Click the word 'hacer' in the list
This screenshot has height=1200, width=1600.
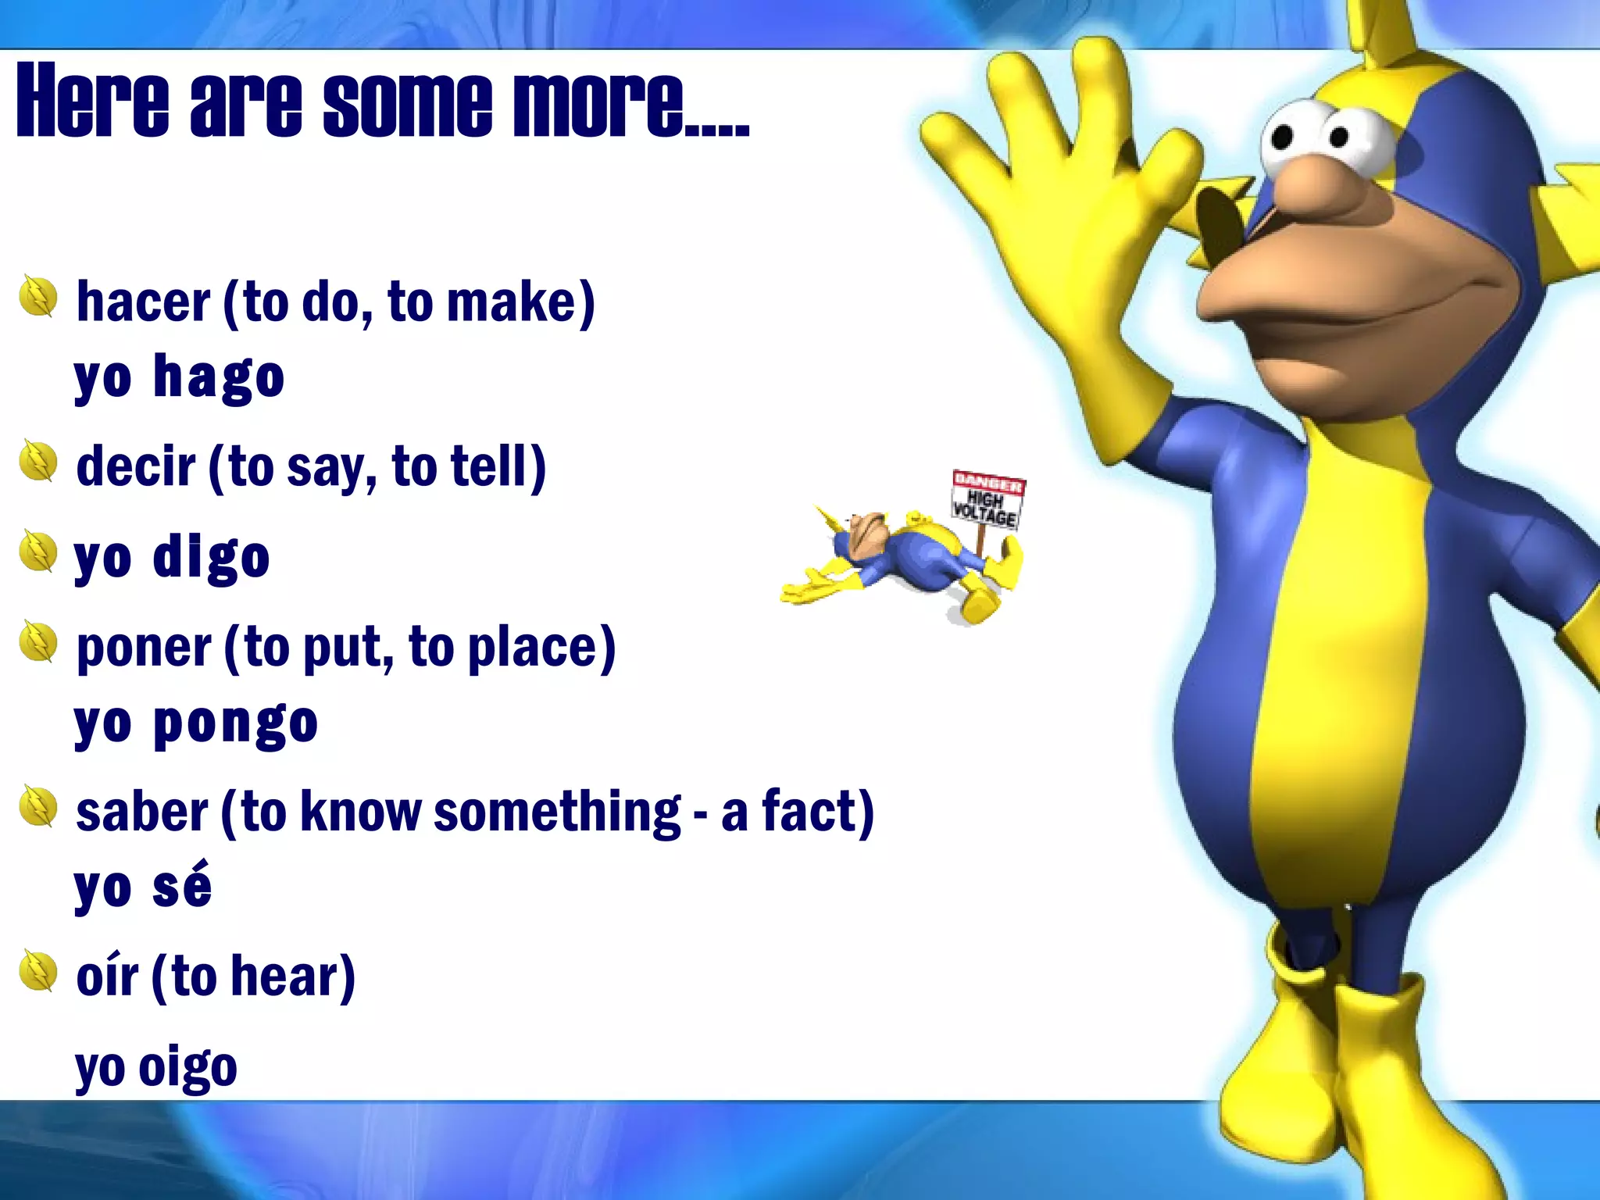143,302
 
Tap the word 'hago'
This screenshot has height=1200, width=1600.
219,377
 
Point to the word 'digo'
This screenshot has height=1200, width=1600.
211,557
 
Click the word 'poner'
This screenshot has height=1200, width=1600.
144,648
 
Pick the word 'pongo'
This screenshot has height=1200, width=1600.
235,723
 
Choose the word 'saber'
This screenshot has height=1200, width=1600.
141,812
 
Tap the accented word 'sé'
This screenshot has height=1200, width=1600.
182,887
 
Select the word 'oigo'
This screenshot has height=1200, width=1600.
187,1067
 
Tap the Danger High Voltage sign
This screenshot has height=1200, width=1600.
987,500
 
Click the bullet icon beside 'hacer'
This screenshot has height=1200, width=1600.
38,297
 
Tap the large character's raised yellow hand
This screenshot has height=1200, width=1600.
1078,195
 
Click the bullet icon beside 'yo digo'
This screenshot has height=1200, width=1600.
38,552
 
